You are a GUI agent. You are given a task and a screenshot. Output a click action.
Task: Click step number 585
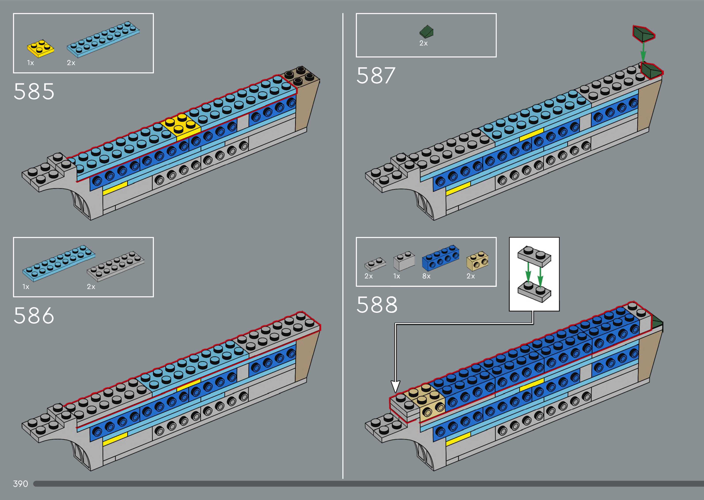(34, 91)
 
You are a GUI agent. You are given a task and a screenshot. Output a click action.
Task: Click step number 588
(377, 305)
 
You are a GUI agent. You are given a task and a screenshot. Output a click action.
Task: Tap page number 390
(20, 484)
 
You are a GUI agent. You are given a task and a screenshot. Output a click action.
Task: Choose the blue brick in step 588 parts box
(440, 257)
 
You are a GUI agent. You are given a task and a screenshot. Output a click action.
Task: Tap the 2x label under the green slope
(423, 43)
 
